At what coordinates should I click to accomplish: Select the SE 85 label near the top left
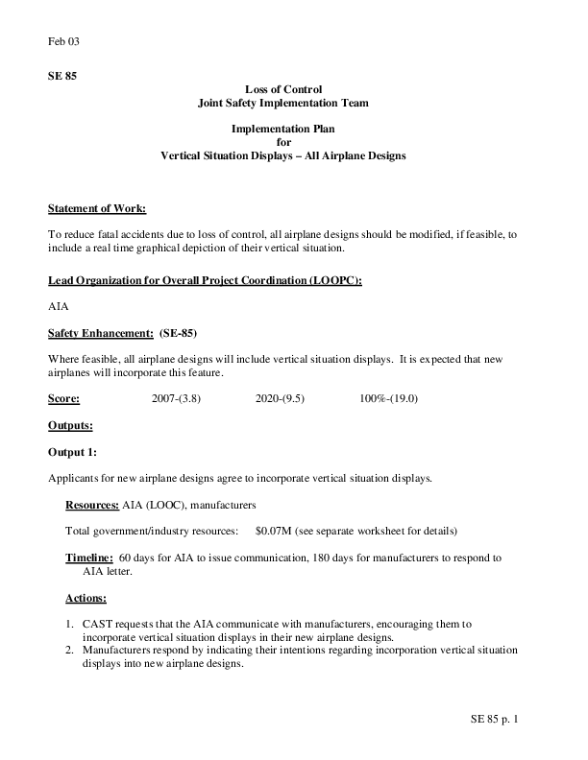pos(61,76)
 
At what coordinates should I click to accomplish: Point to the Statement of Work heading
pos(97,208)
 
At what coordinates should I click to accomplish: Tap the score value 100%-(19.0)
pos(388,397)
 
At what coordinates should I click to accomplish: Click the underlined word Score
pos(63,397)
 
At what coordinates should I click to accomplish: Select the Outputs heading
pos(70,424)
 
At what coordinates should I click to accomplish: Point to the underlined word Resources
pos(92,504)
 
